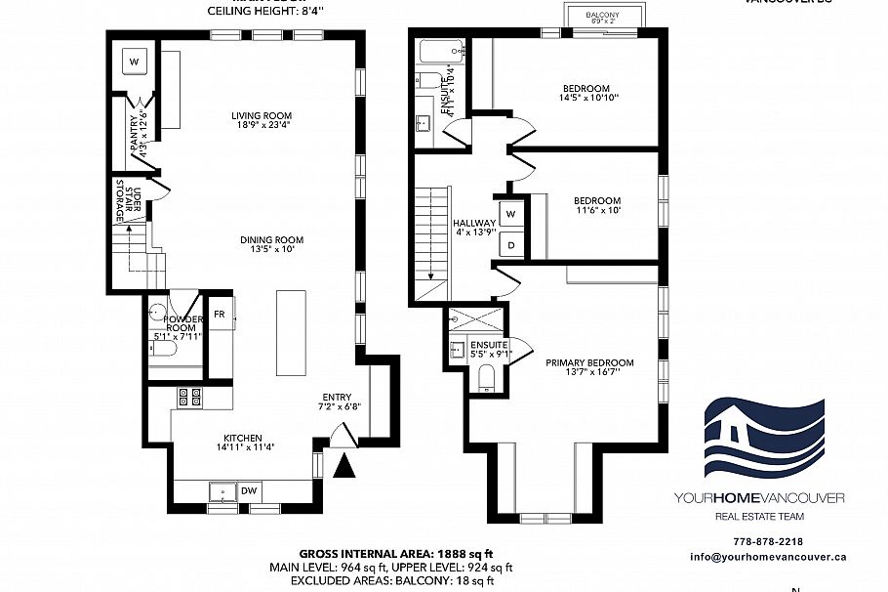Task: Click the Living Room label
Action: point(255,115)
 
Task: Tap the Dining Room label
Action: point(273,239)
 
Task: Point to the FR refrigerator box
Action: point(221,315)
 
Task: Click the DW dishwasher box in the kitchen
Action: point(249,490)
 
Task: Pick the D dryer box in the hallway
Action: point(510,244)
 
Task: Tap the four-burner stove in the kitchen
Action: point(189,397)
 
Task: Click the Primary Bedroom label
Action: point(583,362)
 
